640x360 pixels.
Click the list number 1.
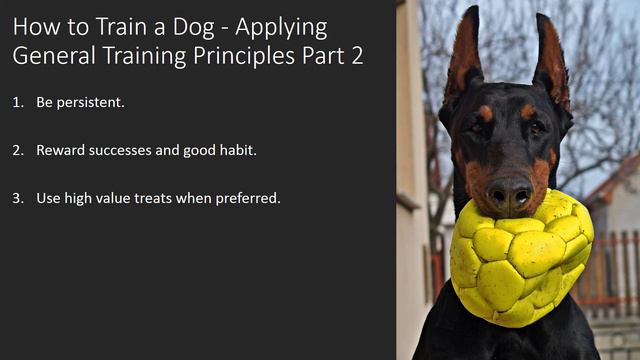(x=17, y=102)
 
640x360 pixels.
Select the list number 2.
(x=17, y=150)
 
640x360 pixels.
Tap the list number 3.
(x=17, y=198)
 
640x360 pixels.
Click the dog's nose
(x=509, y=190)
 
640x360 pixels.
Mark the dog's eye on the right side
(x=537, y=127)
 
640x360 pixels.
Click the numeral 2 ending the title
(x=355, y=55)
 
